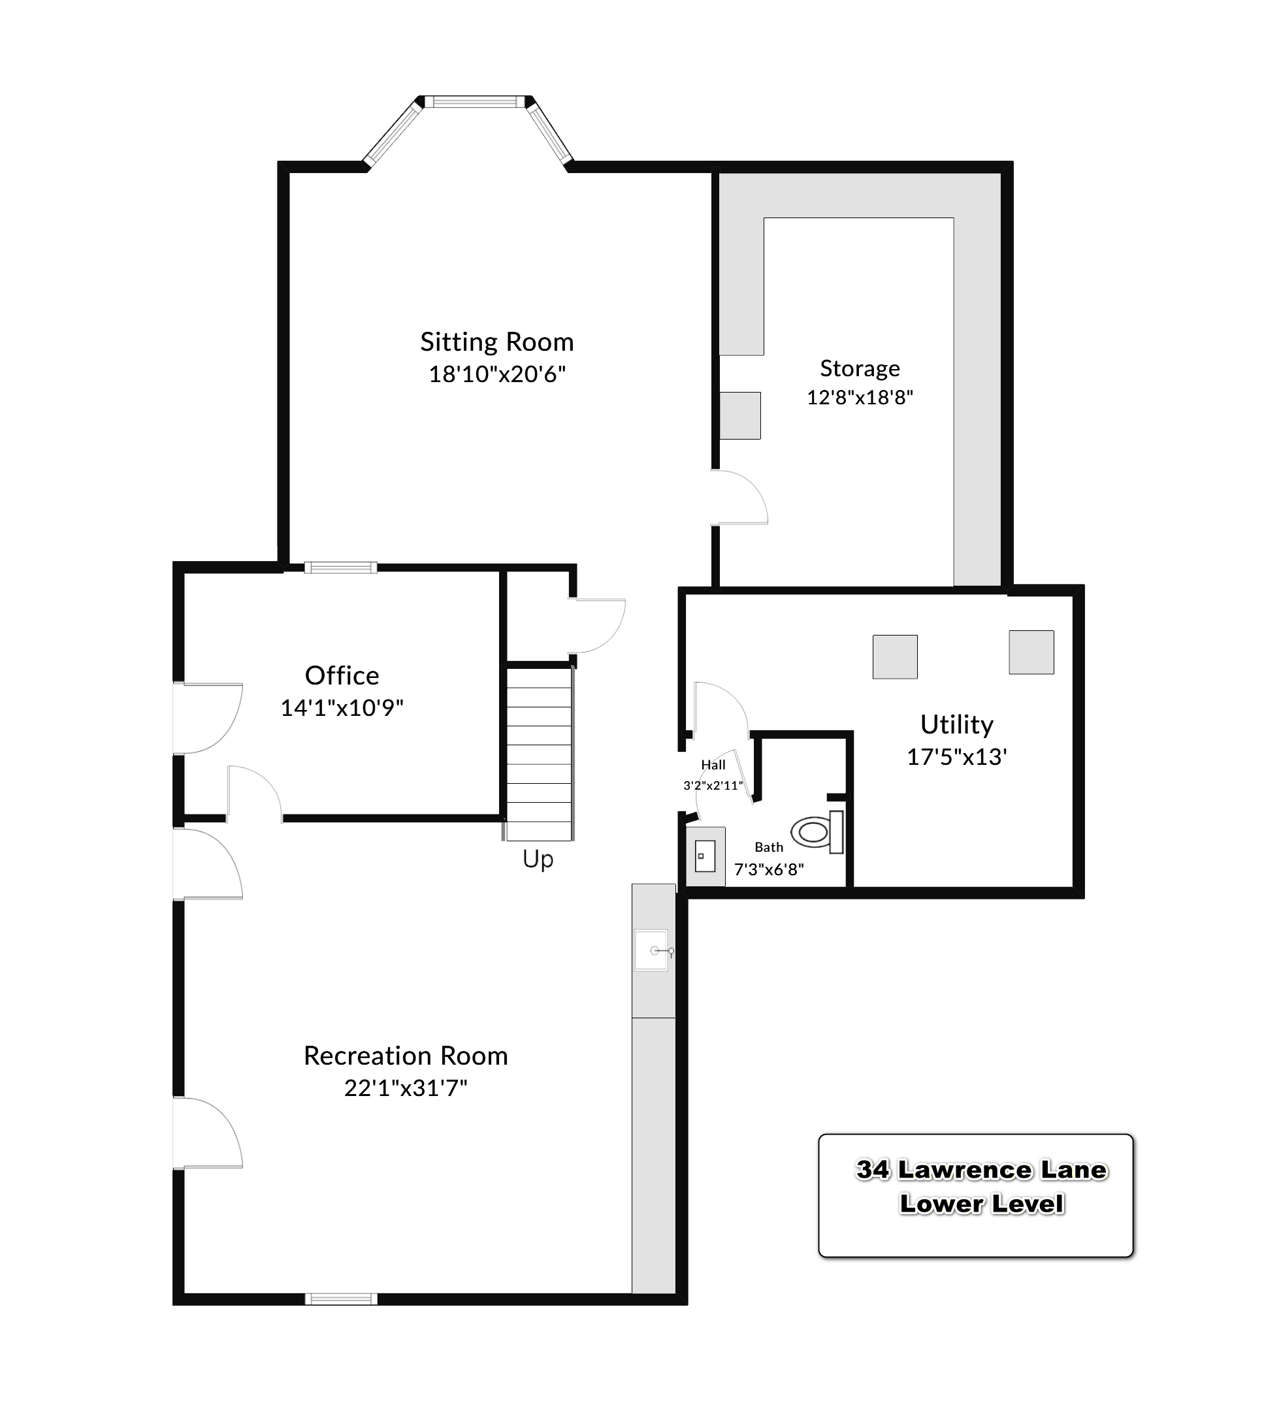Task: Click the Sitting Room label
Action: (x=496, y=342)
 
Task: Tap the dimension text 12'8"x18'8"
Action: (x=860, y=397)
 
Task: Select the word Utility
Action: (x=956, y=725)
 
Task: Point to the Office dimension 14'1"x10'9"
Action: (x=342, y=708)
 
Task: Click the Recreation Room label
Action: (x=406, y=1056)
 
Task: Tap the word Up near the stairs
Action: (x=538, y=860)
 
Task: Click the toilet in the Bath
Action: (x=818, y=832)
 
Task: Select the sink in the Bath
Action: (x=705, y=856)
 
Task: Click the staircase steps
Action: (x=539, y=754)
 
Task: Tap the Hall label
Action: (x=713, y=765)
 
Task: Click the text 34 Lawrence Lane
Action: (x=981, y=1170)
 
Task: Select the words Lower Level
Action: (x=981, y=1204)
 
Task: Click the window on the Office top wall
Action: (x=340, y=568)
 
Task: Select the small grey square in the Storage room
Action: (x=739, y=415)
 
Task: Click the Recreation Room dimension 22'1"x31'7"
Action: (x=406, y=1088)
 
